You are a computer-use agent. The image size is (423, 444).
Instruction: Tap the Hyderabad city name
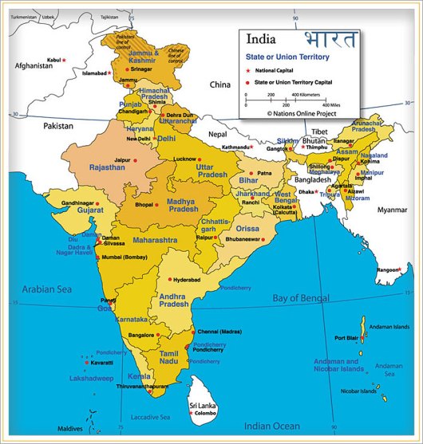(x=186, y=281)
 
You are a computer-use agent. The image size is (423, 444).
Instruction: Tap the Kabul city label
(x=53, y=60)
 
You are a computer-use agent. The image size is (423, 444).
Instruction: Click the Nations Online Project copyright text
(x=303, y=113)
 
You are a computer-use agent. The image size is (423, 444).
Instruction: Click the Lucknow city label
(x=184, y=159)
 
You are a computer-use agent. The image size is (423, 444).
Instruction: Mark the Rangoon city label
(x=389, y=269)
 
